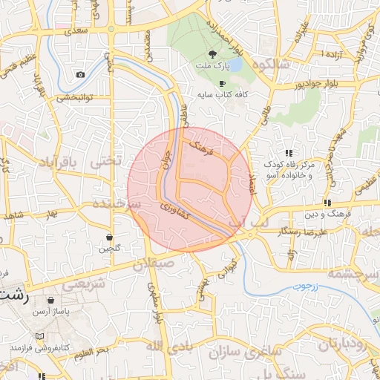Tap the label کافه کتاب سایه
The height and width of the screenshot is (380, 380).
pos(221,96)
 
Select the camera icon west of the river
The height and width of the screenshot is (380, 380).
pos(80,74)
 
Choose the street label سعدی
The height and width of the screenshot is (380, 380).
pos(76,31)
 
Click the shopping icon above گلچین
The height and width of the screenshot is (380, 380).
pos(109,237)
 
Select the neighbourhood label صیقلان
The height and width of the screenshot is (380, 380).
pos(156,263)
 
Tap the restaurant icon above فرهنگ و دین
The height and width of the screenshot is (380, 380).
pos(327,203)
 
